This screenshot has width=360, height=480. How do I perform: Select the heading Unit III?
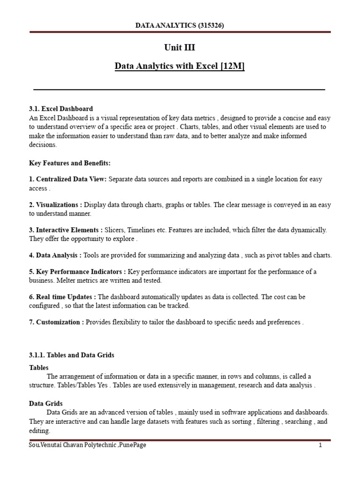180,48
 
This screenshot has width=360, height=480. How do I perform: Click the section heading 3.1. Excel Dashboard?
61,109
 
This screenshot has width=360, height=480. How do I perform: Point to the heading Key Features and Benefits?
69,163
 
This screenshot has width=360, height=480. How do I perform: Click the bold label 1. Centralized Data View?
68,180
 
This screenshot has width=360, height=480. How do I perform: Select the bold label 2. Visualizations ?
55,205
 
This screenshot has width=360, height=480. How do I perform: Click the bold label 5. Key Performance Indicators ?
77,272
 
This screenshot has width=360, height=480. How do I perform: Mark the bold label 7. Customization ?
57,322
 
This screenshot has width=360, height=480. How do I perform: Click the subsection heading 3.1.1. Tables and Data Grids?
72,355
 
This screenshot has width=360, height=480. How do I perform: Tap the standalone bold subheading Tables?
39,367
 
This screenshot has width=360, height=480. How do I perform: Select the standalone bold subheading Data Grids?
45,404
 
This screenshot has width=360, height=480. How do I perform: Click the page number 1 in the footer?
320,445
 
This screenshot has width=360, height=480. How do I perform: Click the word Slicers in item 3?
117,230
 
